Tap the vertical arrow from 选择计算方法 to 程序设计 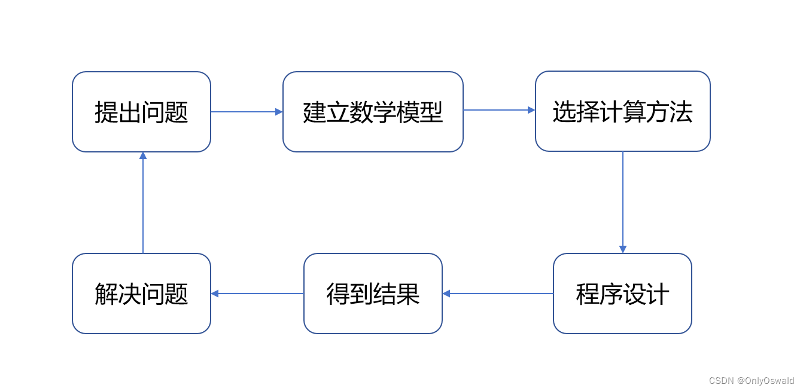623,200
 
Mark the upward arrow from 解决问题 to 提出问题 143,203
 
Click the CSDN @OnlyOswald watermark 751,381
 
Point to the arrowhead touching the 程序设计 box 623,249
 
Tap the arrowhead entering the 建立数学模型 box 279,112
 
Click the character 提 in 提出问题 106,112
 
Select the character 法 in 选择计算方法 681,112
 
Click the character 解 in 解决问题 106,294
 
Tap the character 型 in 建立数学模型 431,112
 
